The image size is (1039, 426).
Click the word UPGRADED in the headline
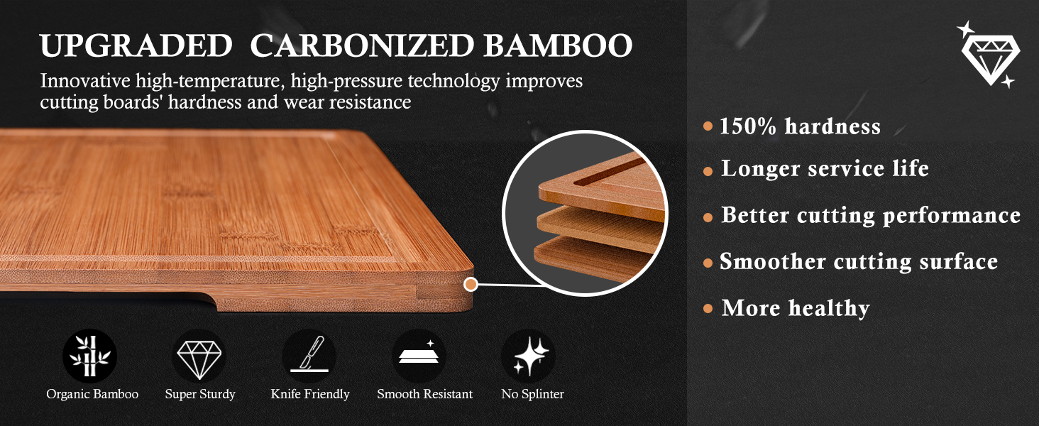(136, 47)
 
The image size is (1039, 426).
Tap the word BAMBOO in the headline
(558, 47)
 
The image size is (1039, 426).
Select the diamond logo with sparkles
(989, 55)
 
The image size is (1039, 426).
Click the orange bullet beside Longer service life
(708, 171)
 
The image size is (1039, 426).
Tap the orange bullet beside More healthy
(708, 309)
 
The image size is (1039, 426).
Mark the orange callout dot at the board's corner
(470, 285)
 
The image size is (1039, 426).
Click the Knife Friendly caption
(310, 394)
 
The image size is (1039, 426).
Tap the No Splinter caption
(532, 394)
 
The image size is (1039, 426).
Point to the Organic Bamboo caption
(92, 394)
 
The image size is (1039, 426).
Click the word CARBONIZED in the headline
(362, 47)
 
